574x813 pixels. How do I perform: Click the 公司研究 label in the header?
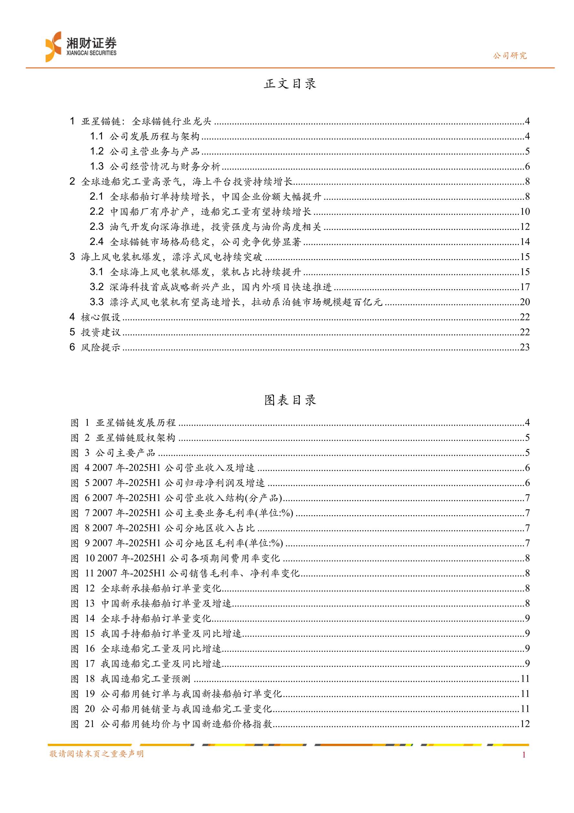(510, 56)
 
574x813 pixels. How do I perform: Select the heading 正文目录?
(290, 84)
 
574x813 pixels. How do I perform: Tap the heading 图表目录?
(290, 400)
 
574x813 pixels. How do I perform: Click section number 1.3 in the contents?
(97, 167)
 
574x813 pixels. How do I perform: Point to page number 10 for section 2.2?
(525, 212)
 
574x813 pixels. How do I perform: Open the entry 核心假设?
(101, 317)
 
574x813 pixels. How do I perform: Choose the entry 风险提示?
(101, 347)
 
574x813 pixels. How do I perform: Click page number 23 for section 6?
(525, 347)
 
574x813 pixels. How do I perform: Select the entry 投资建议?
(101, 332)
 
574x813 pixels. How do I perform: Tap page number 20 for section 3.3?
(525, 302)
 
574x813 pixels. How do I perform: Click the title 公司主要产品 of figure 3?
(125, 453)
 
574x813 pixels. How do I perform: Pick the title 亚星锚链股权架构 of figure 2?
(135, 438)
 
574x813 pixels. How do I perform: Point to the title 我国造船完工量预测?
(146, 679)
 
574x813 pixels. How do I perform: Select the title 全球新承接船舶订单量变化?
(161, 589)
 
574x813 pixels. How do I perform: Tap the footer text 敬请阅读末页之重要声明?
(97, 754)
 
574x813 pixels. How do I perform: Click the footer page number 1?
(524, 755)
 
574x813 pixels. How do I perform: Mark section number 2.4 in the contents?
(97, 242)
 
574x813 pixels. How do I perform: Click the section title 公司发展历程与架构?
(154, 136)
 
